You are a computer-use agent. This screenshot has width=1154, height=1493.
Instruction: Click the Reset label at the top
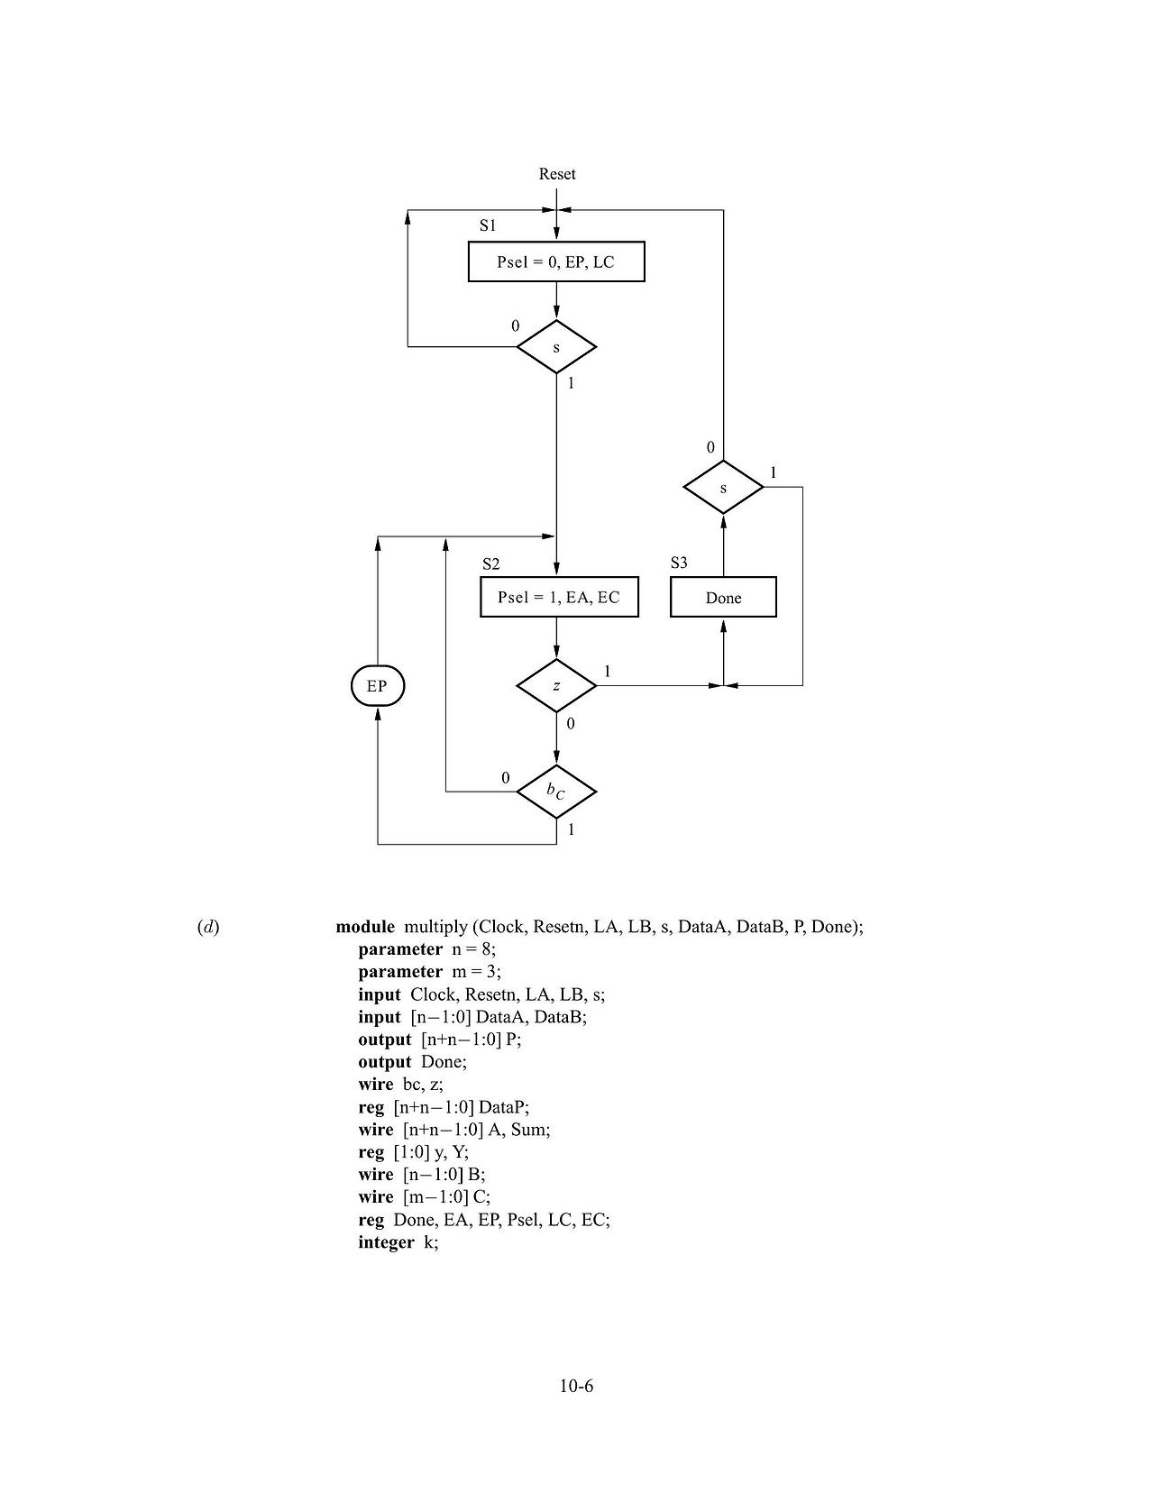coord(556,174)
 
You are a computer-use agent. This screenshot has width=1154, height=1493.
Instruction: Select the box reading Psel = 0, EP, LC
coord(556,262)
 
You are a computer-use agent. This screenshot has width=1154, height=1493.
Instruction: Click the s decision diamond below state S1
coord(556,347)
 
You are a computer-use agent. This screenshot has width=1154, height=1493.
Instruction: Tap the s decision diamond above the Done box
coord(723,488)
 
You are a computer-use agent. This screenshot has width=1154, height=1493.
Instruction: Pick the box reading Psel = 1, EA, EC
coord(559,597)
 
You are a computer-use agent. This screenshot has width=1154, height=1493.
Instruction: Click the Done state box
coord(723,598)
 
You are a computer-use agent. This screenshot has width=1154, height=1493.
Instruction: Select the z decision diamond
coord(556,686)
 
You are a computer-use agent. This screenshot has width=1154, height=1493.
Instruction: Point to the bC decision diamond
coord(556,792)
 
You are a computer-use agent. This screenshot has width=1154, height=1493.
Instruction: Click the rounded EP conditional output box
coord(377,686)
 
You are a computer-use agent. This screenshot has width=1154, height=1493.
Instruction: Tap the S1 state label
coord(488,225)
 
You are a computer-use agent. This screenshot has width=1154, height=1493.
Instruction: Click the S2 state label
coord(490,564)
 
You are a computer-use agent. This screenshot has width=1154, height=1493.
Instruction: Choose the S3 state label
coord(679,563)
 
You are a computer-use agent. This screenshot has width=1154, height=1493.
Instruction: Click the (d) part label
coord(208,927)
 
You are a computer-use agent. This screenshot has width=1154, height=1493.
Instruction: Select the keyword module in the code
coord(365,927)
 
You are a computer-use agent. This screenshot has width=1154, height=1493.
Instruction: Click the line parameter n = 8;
coord(427,949)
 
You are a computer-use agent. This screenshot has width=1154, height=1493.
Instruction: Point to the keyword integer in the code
coord(386,1242)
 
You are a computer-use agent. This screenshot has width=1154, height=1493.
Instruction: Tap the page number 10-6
coord(576,1386)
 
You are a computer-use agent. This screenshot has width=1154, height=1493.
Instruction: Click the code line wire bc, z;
coord(400,1085)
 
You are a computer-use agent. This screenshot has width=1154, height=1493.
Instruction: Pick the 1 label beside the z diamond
coord(607,671)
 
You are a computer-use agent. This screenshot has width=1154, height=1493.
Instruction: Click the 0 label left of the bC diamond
coord(505,777)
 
